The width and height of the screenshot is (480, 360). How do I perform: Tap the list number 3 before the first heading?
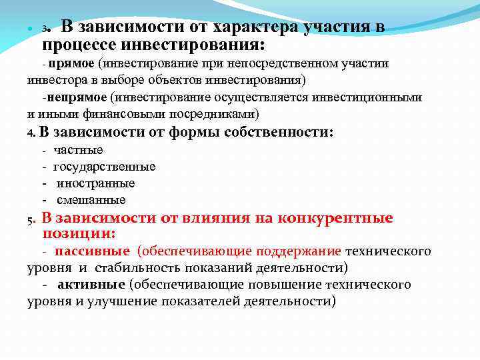click(45, 30)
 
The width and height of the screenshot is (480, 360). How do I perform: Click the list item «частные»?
click(78, 150)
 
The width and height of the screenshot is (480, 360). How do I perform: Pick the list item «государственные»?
click(105, 167)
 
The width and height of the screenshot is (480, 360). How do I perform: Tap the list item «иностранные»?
click(96, 183)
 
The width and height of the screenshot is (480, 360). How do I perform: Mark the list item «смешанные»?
click(91, 200)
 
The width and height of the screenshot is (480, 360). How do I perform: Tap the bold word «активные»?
click(91, 285)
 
